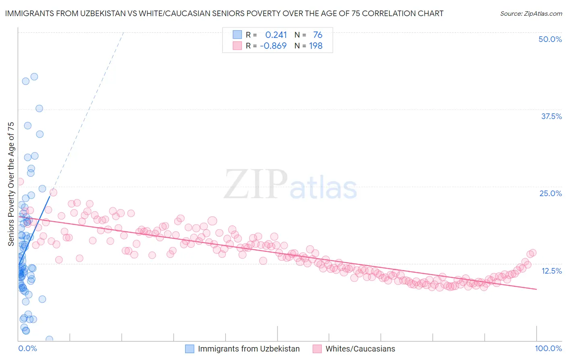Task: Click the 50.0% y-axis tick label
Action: point(550,39)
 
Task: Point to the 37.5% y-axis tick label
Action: point(551,116)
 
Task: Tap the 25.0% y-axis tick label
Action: point(550,193)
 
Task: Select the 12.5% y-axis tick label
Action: point(551,271)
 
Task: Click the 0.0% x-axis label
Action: point(27,348)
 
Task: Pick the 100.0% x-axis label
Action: point(548,348)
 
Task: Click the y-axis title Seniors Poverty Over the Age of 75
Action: point(11,184)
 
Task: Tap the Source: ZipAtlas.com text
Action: point(531,13)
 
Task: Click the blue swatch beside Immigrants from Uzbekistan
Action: point(190,349)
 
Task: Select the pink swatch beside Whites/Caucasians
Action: point(317,349)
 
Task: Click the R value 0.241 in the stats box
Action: point(276,35)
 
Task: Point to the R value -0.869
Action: point(273,46)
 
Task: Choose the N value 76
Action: point(317,35)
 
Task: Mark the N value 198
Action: point(316,46)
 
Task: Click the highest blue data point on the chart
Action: point(34,77)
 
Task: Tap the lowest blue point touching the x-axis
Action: point(49,339)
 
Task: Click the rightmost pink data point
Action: point(532,253)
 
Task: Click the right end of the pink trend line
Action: point(536,289)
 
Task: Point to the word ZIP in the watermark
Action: point(255,184)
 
